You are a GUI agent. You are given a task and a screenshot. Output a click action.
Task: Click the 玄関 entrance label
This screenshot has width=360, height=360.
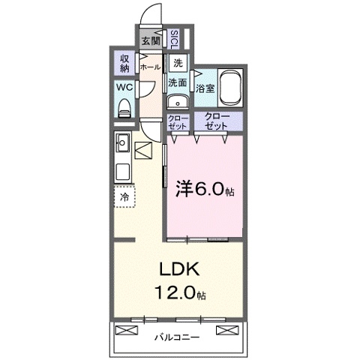[x=150, y=40]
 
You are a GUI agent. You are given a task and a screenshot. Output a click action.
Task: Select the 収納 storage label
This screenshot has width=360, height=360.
[x=124, y=63]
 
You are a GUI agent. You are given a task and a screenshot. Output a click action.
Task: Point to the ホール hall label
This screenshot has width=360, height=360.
[x=151, y=66]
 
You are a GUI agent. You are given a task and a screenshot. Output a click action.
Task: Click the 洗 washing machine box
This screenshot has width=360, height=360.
[x=178, y=63]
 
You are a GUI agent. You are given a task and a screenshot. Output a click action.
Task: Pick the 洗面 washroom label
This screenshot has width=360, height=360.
[x=178, y=82]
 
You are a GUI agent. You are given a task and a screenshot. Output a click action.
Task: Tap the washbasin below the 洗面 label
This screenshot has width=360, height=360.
[x=178, y=102]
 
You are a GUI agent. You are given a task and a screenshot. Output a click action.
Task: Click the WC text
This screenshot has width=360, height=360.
[x=124, y=87]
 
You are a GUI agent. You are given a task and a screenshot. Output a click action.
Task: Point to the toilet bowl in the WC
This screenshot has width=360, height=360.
[x=124, y=109]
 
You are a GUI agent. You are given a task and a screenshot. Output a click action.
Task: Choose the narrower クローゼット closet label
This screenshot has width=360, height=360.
[x=177, y=122]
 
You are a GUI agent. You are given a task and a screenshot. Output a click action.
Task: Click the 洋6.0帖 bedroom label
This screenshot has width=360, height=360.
[x=204, y=190]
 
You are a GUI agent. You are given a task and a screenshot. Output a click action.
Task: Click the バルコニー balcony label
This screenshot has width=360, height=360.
[x=178, y=337]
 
